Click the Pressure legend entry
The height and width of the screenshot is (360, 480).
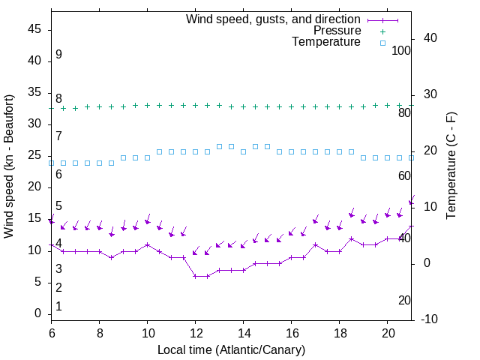coord(337,31)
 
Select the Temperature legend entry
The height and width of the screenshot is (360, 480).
coord(326,43)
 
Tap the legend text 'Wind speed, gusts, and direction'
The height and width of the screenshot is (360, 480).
coord(274,19)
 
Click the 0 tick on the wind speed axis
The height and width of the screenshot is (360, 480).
coord(37,313)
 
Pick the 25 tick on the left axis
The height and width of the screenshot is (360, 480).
coord(34,156)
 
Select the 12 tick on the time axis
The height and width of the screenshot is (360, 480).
coord(195,332)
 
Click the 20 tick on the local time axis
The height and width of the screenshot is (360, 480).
coord(387,332)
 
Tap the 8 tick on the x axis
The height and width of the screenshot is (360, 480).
coord(99,332)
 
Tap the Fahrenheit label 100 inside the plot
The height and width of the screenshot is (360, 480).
coord(401,51)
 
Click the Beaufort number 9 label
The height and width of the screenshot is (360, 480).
coord(58,55)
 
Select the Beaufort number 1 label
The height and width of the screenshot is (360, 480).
coord(58,306)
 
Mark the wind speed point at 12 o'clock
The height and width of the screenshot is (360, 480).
coord(195,276)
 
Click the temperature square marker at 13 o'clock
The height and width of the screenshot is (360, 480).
coord(219,146)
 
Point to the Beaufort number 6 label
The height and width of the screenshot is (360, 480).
coord(58,174)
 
